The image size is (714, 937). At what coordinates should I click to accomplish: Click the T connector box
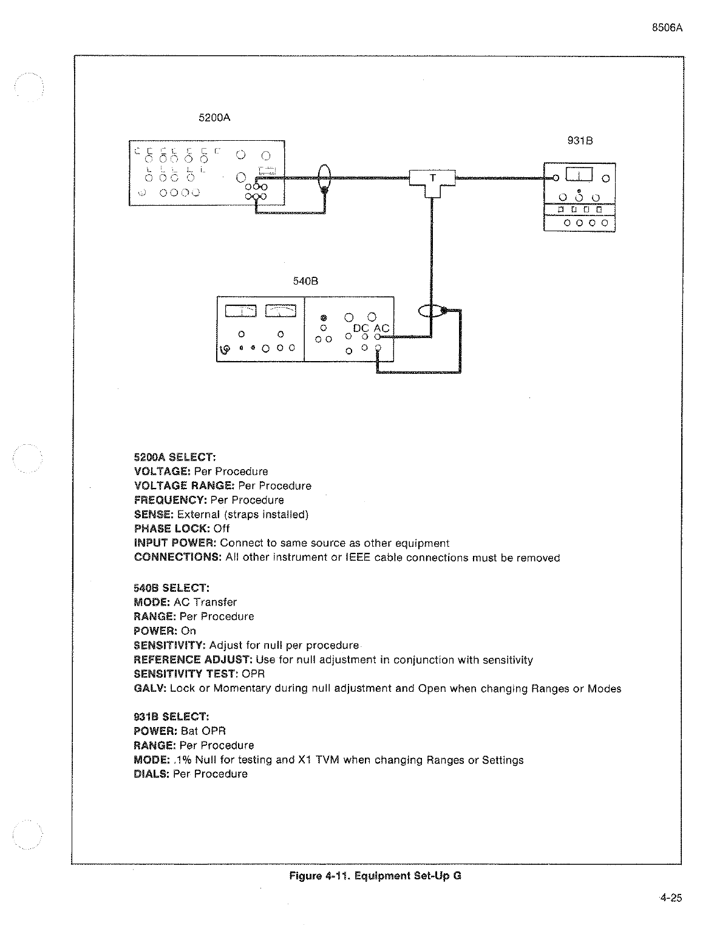click(432, 179)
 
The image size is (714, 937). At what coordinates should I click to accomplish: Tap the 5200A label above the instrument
click(214, 118)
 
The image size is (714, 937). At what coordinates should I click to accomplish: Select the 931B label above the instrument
click(579, 141)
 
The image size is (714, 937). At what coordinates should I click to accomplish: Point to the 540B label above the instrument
click(306, 281)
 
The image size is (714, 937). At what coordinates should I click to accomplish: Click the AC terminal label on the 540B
click(381, 328)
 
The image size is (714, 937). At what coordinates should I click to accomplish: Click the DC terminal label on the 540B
click(361, 328)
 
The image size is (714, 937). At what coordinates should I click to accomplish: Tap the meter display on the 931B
click(579, 175)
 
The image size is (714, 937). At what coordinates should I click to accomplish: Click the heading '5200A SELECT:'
click(175, 456)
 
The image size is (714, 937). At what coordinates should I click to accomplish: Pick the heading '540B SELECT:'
click(171, 587)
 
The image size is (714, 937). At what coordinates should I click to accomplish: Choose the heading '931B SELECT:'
click(171, 717)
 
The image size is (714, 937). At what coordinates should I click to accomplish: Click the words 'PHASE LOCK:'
click(172, 529)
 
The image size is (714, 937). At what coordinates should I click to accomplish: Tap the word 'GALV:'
click(150, 688)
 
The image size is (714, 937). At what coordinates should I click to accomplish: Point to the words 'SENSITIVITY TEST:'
click(186, 674)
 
